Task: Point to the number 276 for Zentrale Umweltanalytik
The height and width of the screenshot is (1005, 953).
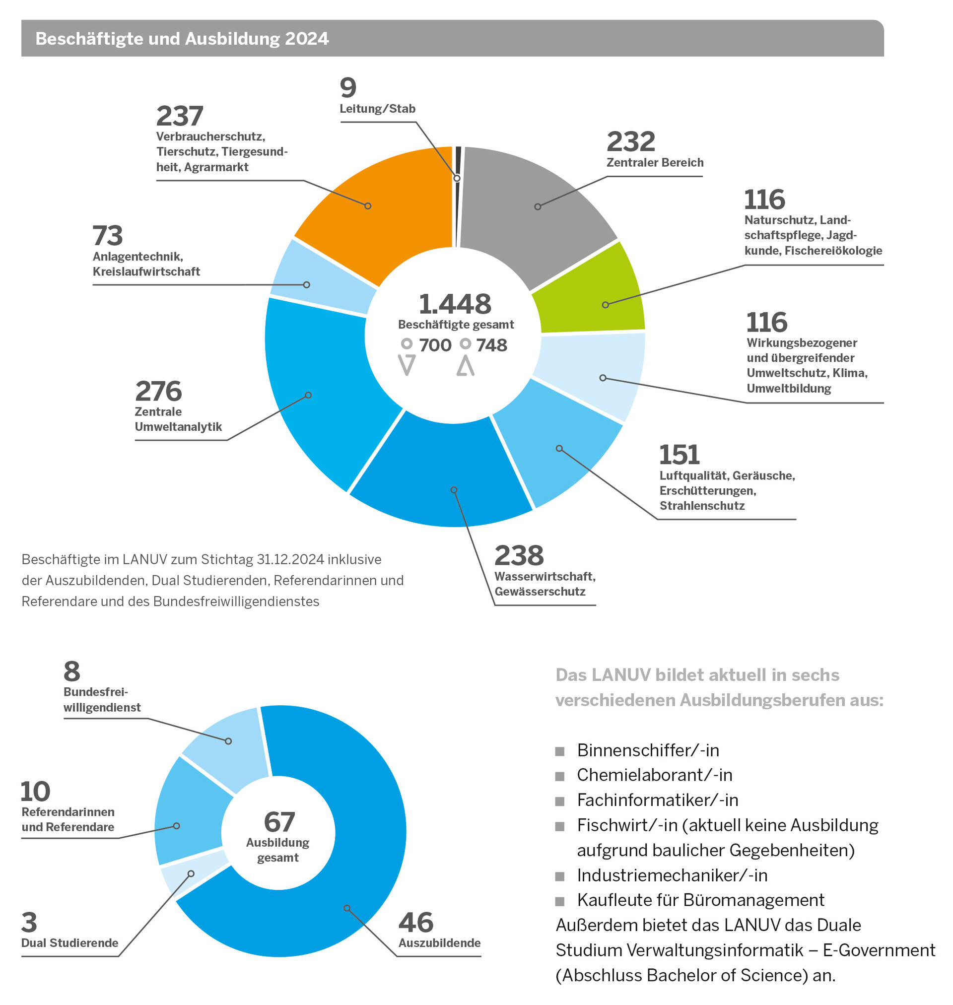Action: tap(158, 392)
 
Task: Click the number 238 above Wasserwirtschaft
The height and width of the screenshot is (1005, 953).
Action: tap(519, 555)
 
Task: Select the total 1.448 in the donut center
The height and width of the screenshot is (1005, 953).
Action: tap(455, 304)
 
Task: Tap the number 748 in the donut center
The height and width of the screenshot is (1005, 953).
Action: tap(491, 345)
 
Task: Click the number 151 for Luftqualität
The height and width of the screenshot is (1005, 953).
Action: tap(679, 455)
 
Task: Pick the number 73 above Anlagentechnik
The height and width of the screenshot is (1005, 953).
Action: tap(108, 236)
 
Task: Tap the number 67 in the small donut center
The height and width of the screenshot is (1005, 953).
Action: tap(279, 822)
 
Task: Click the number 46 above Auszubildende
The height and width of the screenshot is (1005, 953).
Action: tap(415, 923)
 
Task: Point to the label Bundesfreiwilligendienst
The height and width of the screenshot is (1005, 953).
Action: tap(102, 700)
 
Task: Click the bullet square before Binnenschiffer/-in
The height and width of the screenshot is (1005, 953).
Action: tap(560, 751)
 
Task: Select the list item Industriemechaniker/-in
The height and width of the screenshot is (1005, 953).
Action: tap(672, 875)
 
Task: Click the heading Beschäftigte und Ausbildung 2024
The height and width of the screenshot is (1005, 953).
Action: tap(182, 39)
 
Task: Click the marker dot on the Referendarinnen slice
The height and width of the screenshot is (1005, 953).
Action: tap(176, 826)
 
